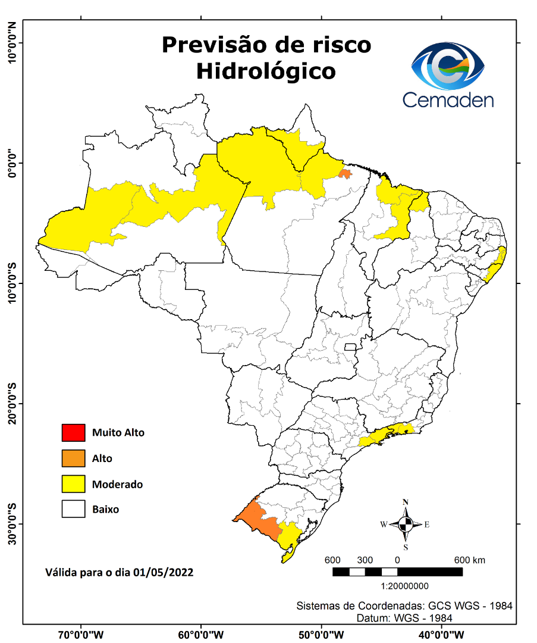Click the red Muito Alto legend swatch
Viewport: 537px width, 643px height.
tap(73, 432)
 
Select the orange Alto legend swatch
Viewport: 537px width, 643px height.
tap(73, 458)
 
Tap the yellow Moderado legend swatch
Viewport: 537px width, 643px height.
tap(73, 484)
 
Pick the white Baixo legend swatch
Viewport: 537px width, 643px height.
tap(73, 510)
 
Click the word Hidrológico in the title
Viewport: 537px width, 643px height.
tap(266, 71)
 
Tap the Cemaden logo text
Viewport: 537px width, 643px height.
tap(448, 99)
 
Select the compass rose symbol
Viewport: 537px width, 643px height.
tap(406, 525)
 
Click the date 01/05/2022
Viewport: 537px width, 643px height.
tap(163, 572)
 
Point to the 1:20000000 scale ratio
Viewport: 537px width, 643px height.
tap(397, 586)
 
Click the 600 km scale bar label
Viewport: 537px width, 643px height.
tap(470, 560)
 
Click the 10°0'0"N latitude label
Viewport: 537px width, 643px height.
tap(11, 43)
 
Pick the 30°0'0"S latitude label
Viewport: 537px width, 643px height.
tap(11, 523)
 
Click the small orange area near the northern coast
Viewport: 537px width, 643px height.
tap(344, 173)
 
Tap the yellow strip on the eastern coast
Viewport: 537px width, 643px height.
tap(495, 265)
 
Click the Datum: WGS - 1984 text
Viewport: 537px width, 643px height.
tap(404, 618)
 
